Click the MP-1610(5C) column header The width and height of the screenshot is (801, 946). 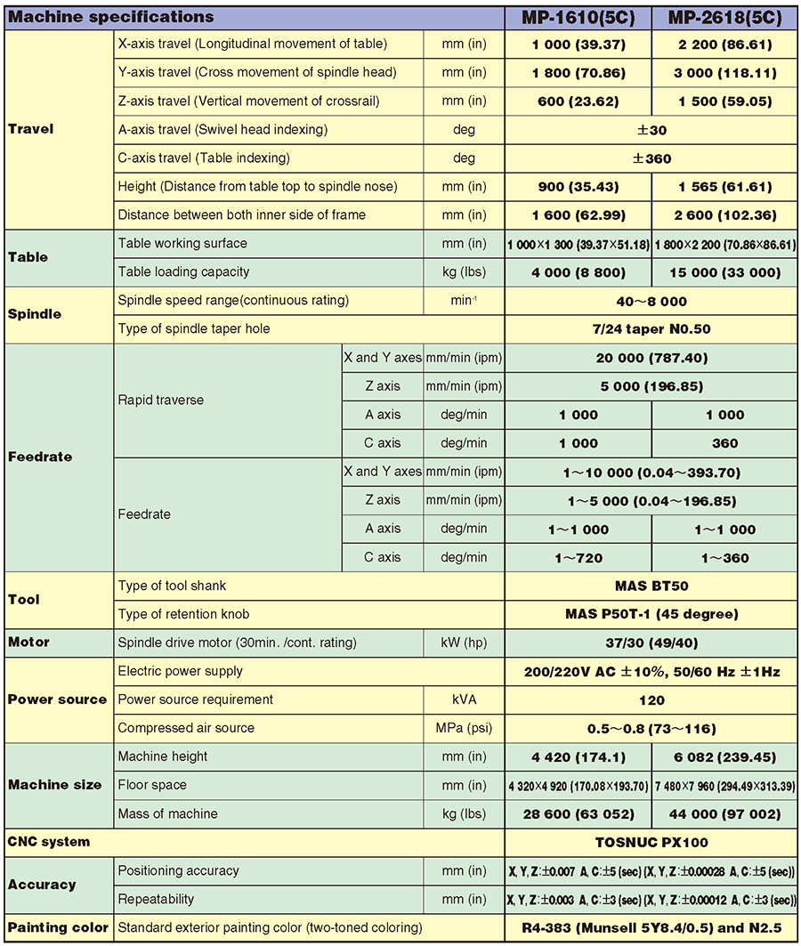coord(578,17)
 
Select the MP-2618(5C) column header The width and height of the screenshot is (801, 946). coord(724,17)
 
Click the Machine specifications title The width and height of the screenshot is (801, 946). coord(111,17)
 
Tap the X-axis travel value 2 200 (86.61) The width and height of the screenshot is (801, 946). coord(724,44)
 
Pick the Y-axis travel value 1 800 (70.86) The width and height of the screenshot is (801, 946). coord(578,73)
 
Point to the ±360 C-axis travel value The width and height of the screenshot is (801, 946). coord(651,158)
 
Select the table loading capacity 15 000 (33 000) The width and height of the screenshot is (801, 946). coord(724,272)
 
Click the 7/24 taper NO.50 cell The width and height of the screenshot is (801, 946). coord(651,329)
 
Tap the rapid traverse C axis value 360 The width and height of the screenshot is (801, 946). coord(724,443)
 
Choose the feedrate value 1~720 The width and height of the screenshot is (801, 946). coord(578,558)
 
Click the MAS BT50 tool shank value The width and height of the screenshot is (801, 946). coord(651,586)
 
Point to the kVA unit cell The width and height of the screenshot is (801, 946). coord(464,699)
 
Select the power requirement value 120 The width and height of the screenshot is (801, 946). coord(651,699)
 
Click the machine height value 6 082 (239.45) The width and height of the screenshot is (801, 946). coord(724,756)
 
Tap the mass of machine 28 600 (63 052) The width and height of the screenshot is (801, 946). coord(578,813)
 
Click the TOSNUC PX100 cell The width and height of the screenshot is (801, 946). coord(651,842)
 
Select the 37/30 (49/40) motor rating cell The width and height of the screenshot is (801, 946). coord(651,643)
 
